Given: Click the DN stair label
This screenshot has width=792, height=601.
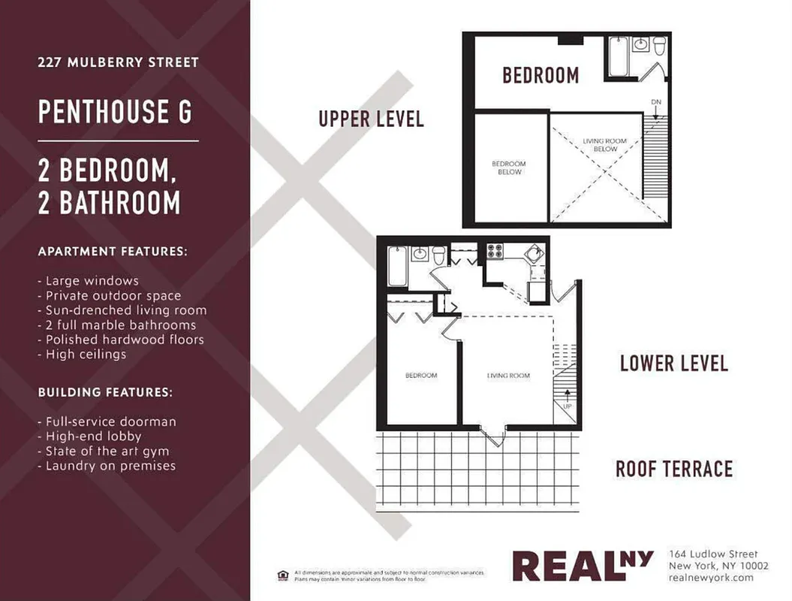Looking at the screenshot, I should [655, 101].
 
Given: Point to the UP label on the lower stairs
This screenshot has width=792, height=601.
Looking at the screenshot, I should [567, 406].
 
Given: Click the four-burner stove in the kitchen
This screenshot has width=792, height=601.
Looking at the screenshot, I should [495, 252].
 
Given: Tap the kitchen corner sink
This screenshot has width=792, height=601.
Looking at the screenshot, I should [536, 252].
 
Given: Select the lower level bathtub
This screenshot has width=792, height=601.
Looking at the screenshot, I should [397, 266].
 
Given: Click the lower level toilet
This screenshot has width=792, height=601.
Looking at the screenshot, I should [438, 254].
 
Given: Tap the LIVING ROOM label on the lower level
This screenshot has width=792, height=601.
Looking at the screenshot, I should [508, 376].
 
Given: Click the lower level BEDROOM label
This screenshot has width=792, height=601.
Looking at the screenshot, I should [421, 376].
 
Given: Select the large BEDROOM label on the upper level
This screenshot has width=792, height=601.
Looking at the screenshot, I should [541, 75].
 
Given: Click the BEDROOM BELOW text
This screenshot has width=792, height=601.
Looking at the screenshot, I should [509, 168].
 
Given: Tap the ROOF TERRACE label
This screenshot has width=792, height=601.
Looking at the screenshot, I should [673, 470].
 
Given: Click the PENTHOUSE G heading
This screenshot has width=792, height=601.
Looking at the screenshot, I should [115, 112].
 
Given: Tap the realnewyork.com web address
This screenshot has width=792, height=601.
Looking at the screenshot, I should [710, 578].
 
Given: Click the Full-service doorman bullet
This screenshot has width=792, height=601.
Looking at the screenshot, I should [110, 421].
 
